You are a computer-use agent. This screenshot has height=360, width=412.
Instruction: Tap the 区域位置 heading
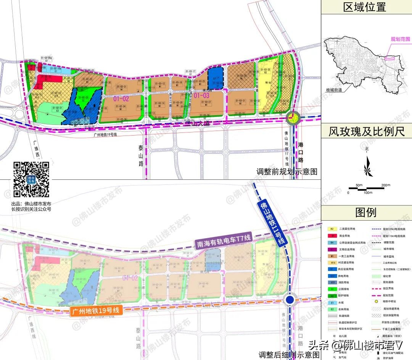[x=365, y=7]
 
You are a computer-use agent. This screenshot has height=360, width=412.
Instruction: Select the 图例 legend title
[x=365, y=212]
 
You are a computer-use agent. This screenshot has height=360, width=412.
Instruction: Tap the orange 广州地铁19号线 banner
[x=96, y=311]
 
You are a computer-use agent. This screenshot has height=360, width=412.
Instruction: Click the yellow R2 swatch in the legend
[x=332, y=229]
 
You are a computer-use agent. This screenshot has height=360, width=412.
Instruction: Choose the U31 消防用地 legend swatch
[x=332, y=282]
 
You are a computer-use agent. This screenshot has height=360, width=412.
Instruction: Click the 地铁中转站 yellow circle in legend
[x=375, y=289]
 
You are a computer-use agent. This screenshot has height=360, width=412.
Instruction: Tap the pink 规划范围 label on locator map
[x=400, y=39]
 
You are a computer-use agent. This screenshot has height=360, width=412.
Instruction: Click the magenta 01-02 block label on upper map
[x=121, y=98]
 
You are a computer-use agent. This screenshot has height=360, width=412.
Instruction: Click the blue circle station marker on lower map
[x=290, y=300]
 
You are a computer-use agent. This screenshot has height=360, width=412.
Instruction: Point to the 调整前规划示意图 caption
[x=287, y=172]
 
